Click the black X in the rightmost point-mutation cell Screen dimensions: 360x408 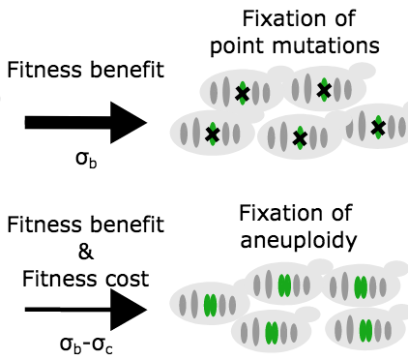[x=377, y=124]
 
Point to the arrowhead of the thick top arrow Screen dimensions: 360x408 [x=131, y=122]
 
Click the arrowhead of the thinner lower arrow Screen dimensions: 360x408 [x=131, y=311]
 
